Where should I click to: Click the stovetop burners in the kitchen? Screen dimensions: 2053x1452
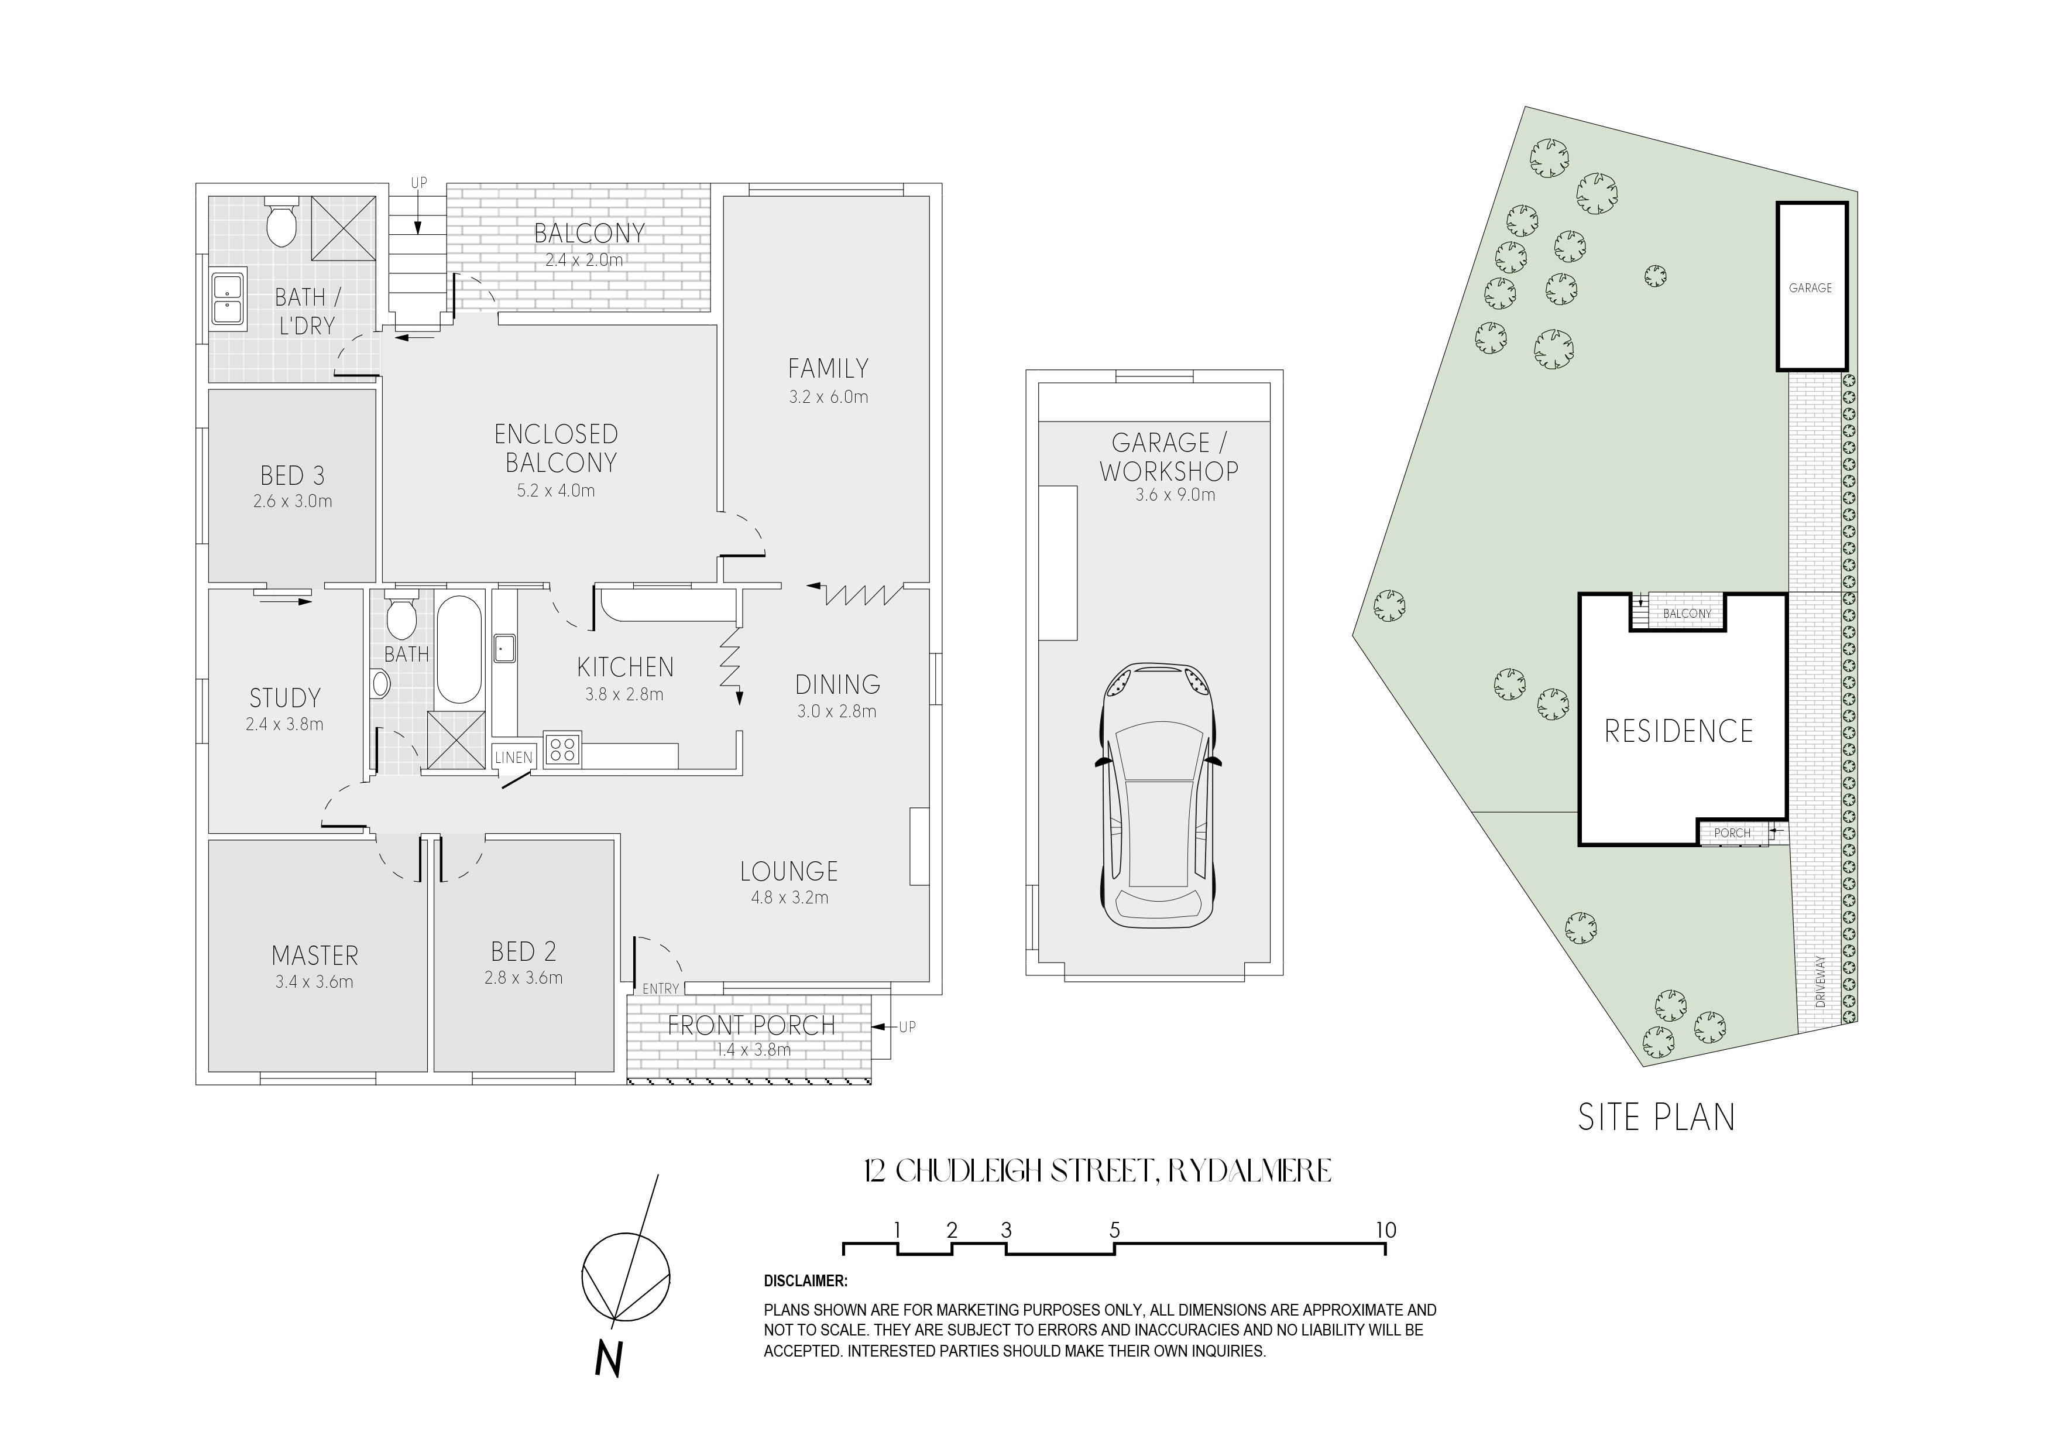coord(562,749)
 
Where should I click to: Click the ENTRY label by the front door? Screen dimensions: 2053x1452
coord(661,988)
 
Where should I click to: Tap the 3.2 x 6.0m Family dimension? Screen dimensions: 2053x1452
coord(828,397)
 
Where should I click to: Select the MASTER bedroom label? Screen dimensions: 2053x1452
coord(315,956)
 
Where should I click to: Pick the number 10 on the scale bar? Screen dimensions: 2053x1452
coord(1385,1230)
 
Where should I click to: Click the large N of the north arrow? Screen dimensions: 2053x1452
coord(608,1360)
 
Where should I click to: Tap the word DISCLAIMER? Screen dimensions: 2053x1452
coord(806,1281)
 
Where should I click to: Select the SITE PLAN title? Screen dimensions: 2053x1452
coord(1656,1118)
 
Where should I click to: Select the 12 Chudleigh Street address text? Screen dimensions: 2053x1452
coord(1097,1171)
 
